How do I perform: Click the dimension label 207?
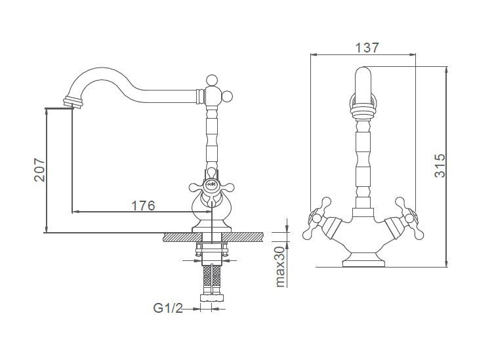[40, 169]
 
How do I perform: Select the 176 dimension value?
[143, 206]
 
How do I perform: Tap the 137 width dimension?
[367, 48]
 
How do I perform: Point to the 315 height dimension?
[440, 166]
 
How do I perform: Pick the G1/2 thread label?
[168, 308]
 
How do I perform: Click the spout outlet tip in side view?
[73, 102]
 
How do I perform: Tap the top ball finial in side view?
[211, 80]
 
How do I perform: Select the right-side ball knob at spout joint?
[227, 96]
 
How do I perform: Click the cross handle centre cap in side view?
[211, 184]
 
